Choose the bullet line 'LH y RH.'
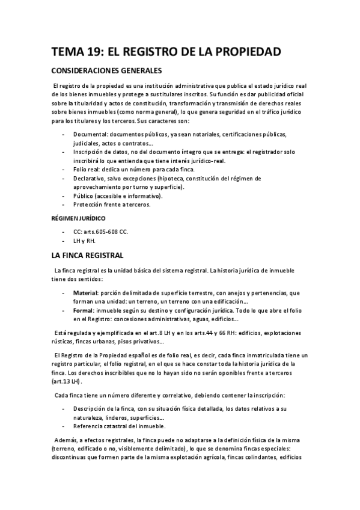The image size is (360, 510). point(84,240)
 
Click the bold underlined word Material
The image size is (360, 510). point(85,293)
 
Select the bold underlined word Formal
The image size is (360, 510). point(84,310)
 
